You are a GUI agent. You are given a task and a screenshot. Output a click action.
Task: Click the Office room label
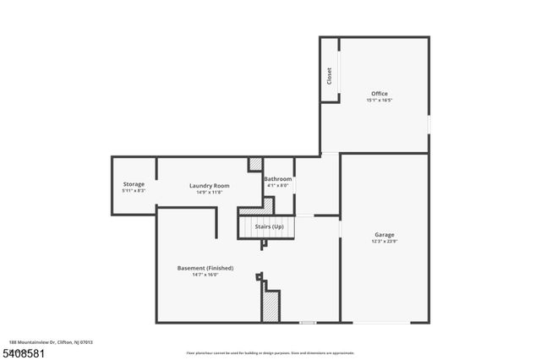tap(380, 93)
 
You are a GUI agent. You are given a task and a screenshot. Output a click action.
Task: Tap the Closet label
tap(330, 75)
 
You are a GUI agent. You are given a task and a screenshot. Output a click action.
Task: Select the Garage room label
tap(385, 234)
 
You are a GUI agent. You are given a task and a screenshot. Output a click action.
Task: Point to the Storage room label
tap(134, 184)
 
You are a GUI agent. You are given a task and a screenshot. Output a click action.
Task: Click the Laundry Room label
tap(209, 185)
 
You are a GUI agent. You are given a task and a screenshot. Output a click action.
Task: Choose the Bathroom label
tap(278, 179)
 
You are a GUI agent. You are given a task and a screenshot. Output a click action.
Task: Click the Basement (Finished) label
tap(205, 268)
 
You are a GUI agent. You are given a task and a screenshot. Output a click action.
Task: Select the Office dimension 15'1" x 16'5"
tap(380, 101)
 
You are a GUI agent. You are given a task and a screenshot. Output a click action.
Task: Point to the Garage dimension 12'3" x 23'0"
tap(385, 241)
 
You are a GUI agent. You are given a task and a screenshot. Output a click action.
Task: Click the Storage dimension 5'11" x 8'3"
tap(134, 191)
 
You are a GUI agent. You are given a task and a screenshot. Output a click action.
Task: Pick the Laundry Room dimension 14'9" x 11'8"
tap(209, 192)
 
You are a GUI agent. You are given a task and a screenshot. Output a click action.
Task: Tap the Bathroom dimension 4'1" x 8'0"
tap(278, 186)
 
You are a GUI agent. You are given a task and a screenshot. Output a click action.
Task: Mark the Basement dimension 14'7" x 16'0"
tap(205, 275)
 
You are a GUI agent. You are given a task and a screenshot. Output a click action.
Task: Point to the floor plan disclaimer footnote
tap(270, 352)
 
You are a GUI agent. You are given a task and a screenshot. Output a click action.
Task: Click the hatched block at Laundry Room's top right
tap(255, 164)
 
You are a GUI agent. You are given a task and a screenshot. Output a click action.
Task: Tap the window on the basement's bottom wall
tap(308, 322)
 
